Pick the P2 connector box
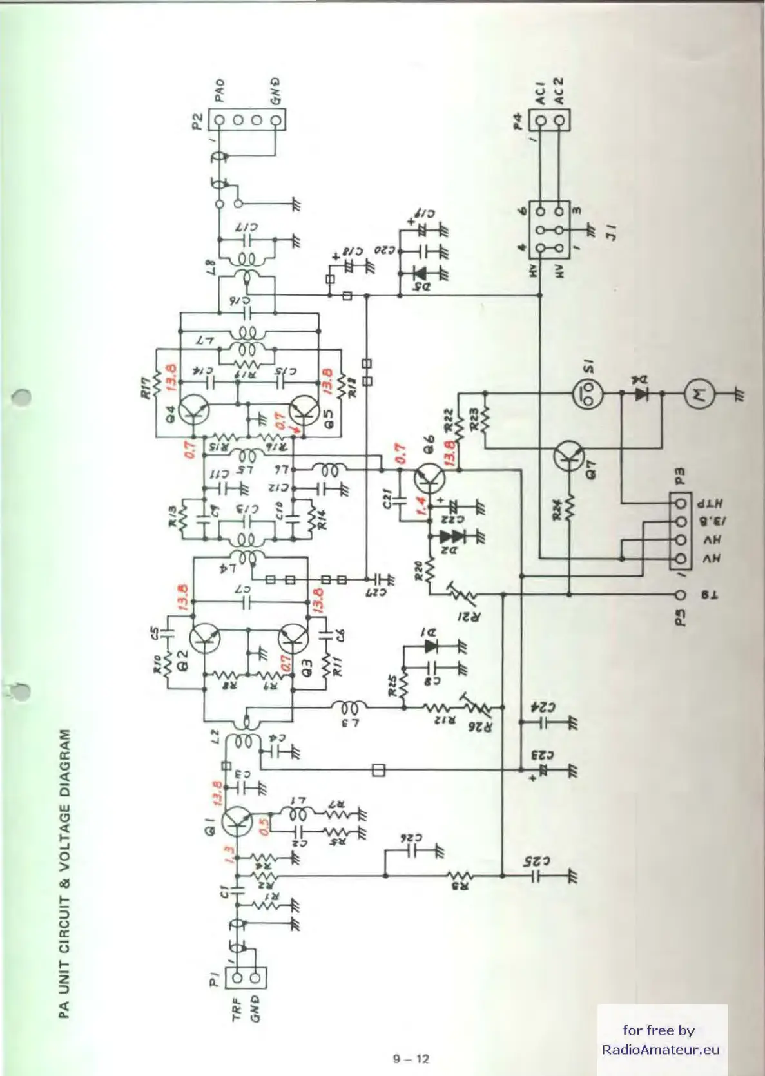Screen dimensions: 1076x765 [x=247, y=120]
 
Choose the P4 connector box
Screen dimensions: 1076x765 [x=550, y=120]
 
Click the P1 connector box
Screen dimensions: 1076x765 [x=246, y=978]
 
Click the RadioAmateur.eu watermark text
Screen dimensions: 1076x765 [x=660, y=1050]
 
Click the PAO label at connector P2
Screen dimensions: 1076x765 [x=219, y=90]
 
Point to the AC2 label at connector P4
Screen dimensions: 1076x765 [x=559, y=91]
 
